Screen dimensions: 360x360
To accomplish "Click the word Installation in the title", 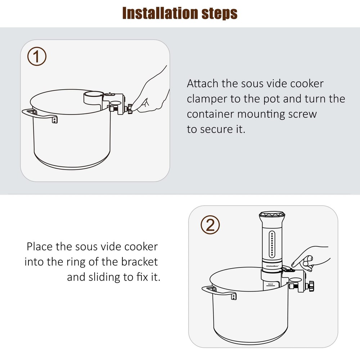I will click(x=159, y=13).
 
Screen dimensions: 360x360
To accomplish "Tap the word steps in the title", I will click(x=219, y=14).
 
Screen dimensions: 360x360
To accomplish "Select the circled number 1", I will click(x=37, y=57).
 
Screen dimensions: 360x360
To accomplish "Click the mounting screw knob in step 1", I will click(x=129, y=107).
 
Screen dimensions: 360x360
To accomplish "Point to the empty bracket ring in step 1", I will click(x=93, y=97).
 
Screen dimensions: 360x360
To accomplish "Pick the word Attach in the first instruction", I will click(x=202, y=84).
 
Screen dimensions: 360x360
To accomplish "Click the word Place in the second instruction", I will click(x=40, y=247).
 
